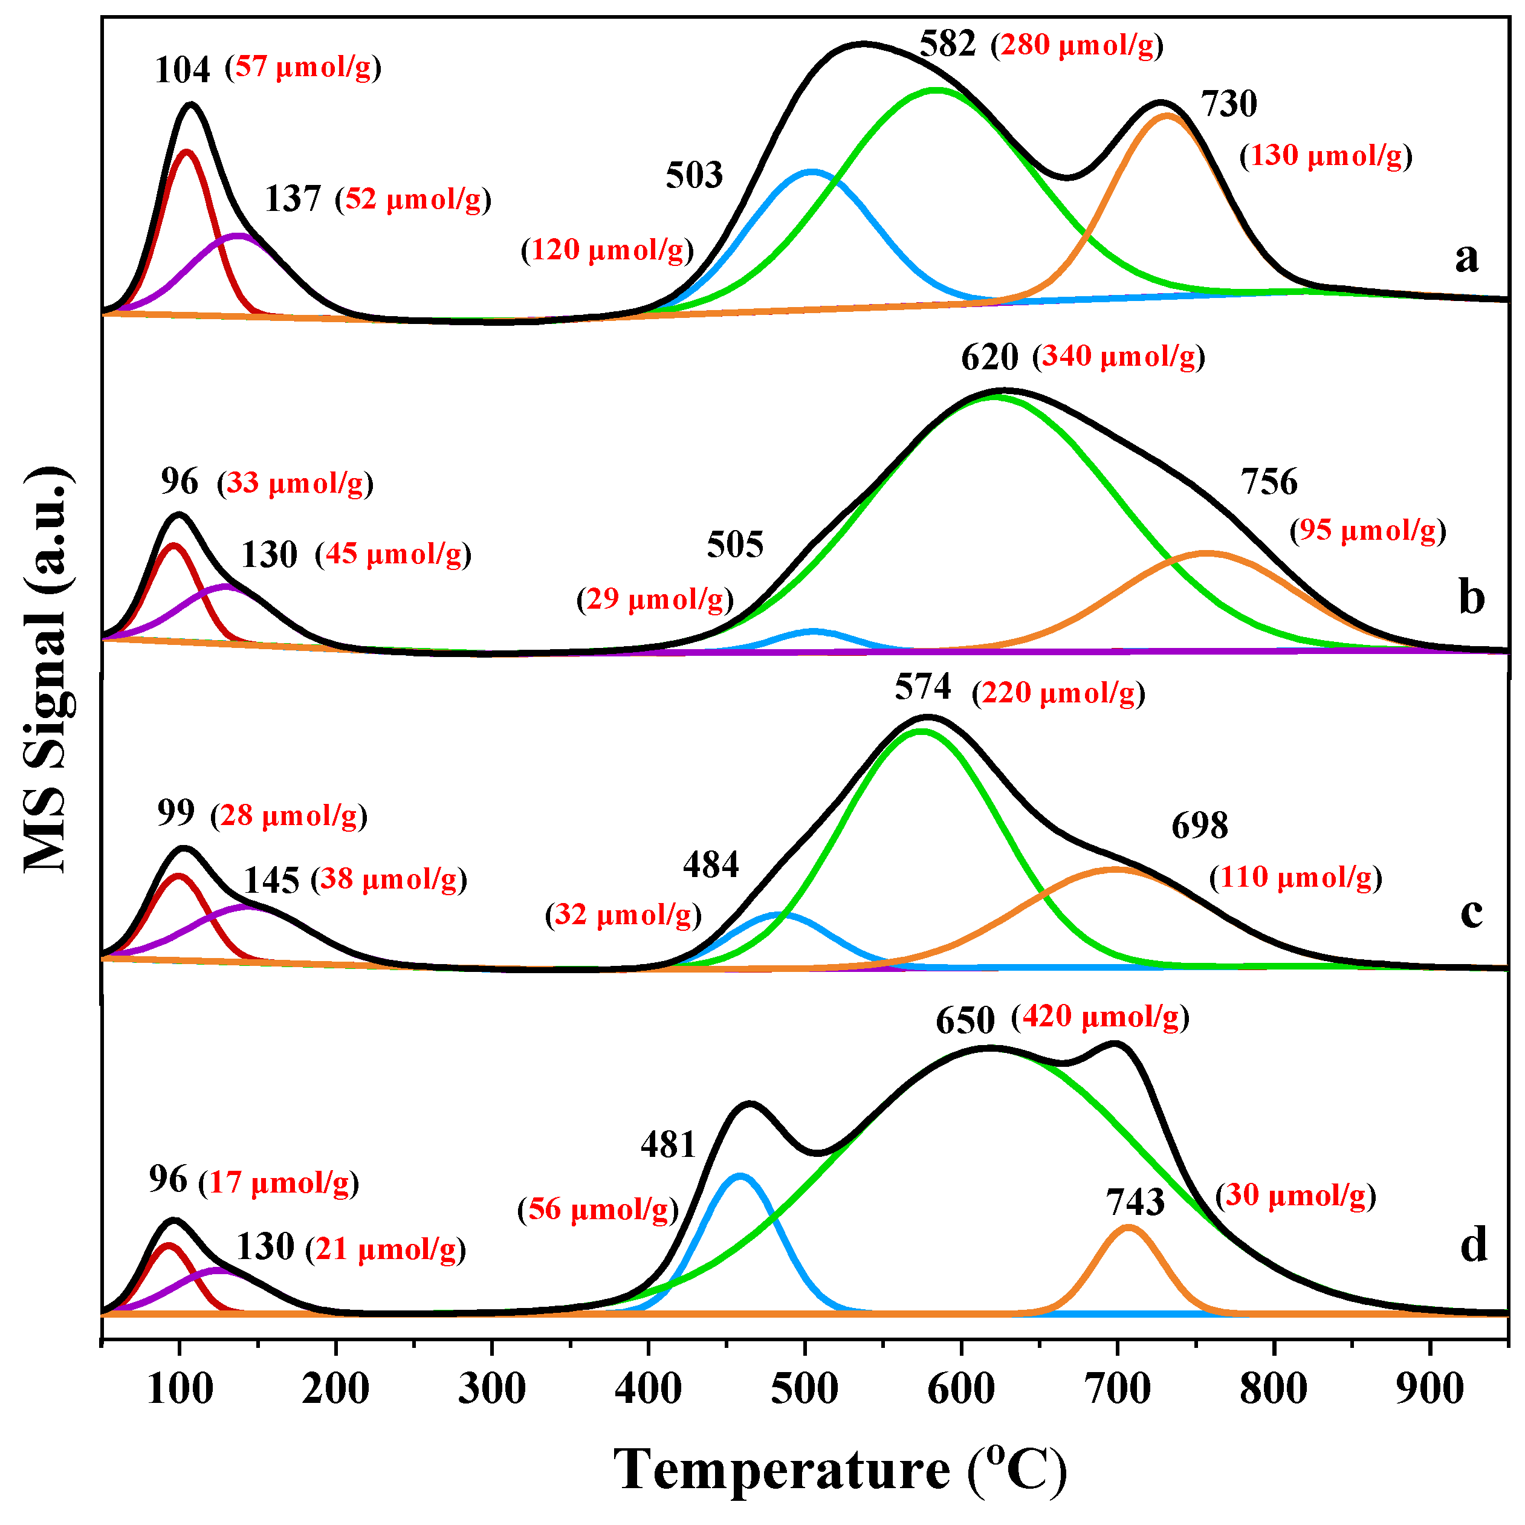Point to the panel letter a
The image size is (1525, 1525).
coord(1466,257)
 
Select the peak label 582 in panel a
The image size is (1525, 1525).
coord(947,44)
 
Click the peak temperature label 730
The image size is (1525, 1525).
coord(1228,104)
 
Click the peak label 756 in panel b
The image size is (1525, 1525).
coord(1269,482)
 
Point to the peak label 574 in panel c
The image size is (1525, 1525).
coord(922,687)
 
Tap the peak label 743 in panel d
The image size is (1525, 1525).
coord(1135,1202)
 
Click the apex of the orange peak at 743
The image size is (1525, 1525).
coord(1128,1228)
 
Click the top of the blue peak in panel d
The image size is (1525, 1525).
coord(740,1176)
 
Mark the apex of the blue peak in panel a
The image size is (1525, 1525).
coord(811,171)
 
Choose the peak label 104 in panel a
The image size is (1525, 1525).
coord(183,70)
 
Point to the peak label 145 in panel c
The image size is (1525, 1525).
coord(271,881)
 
